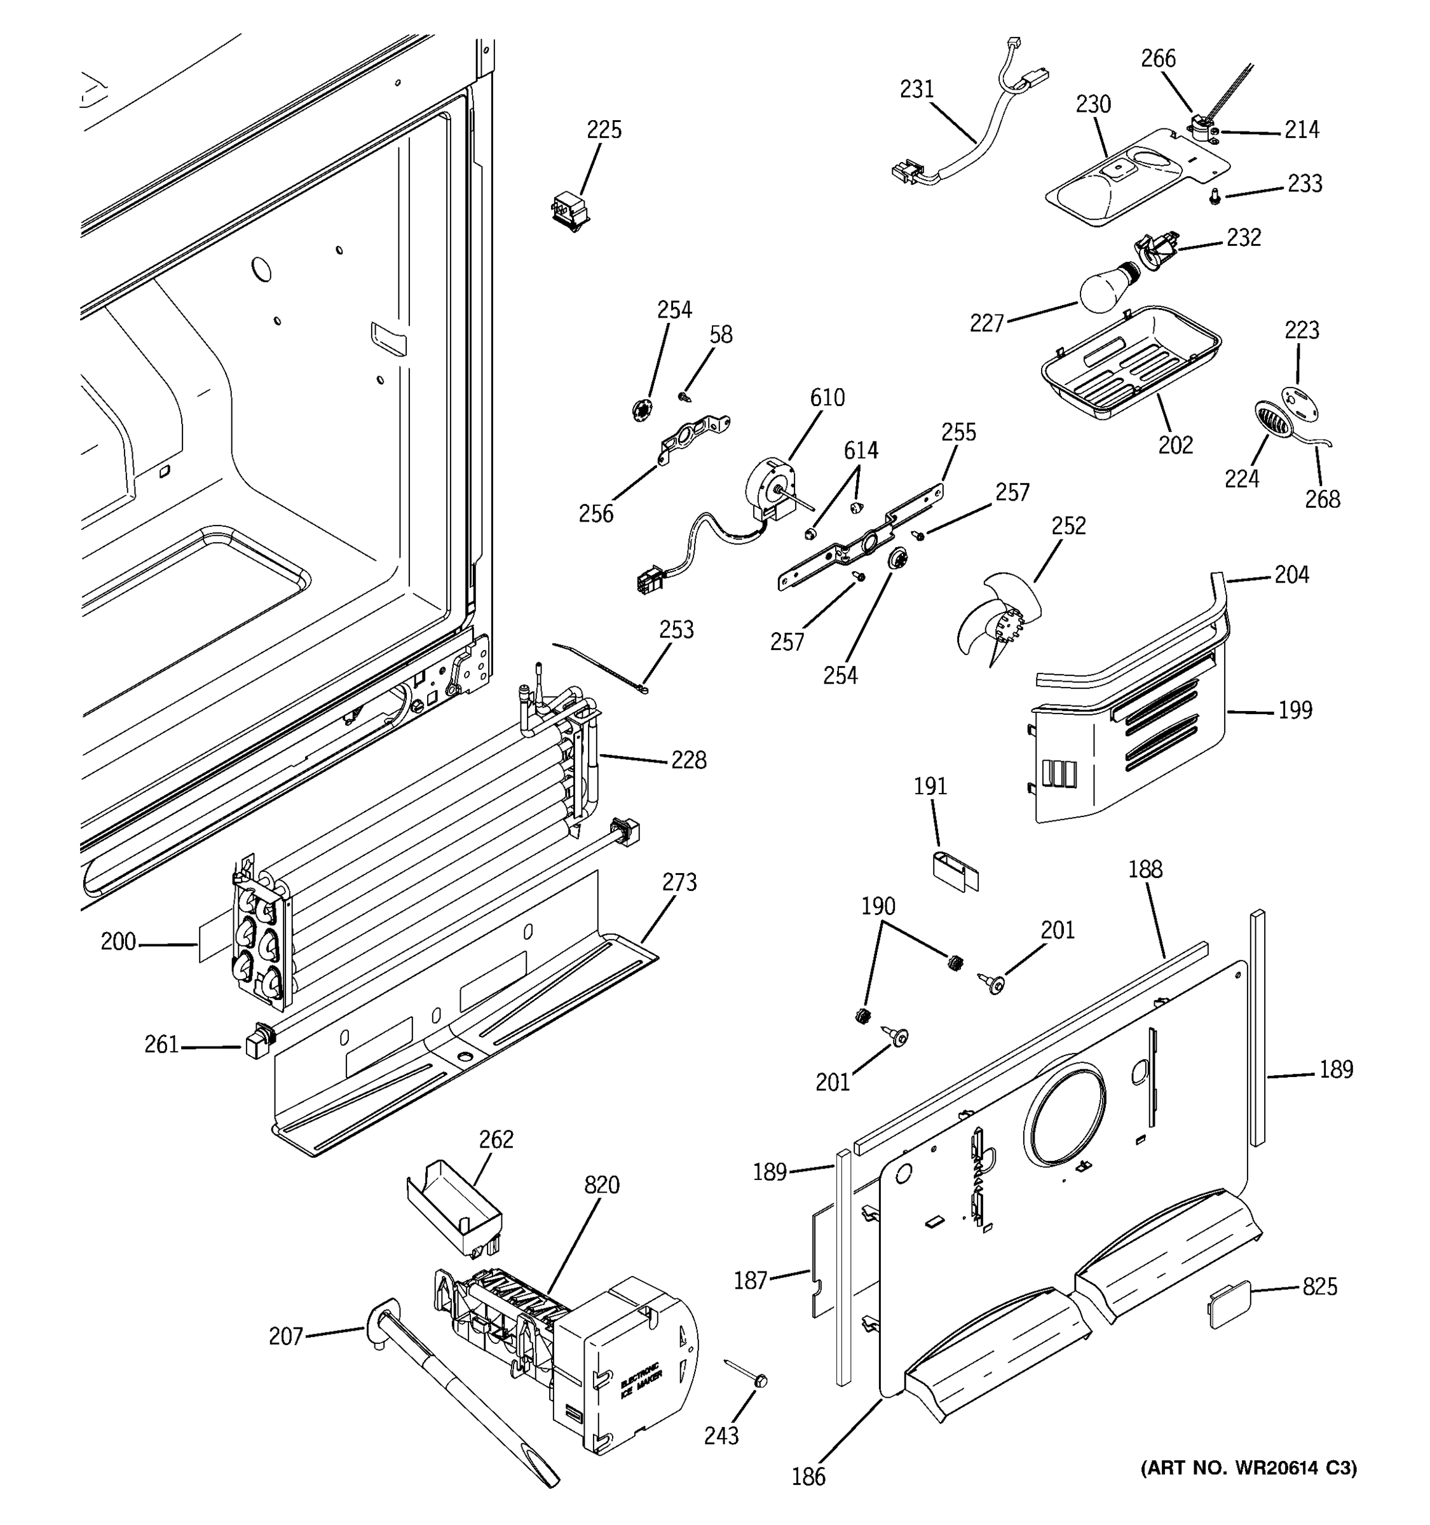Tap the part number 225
(x=604, y=130)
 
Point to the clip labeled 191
(x=955, y=871)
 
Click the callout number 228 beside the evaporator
(x=688, y=760)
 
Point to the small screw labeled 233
(x=1215, y=198)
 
